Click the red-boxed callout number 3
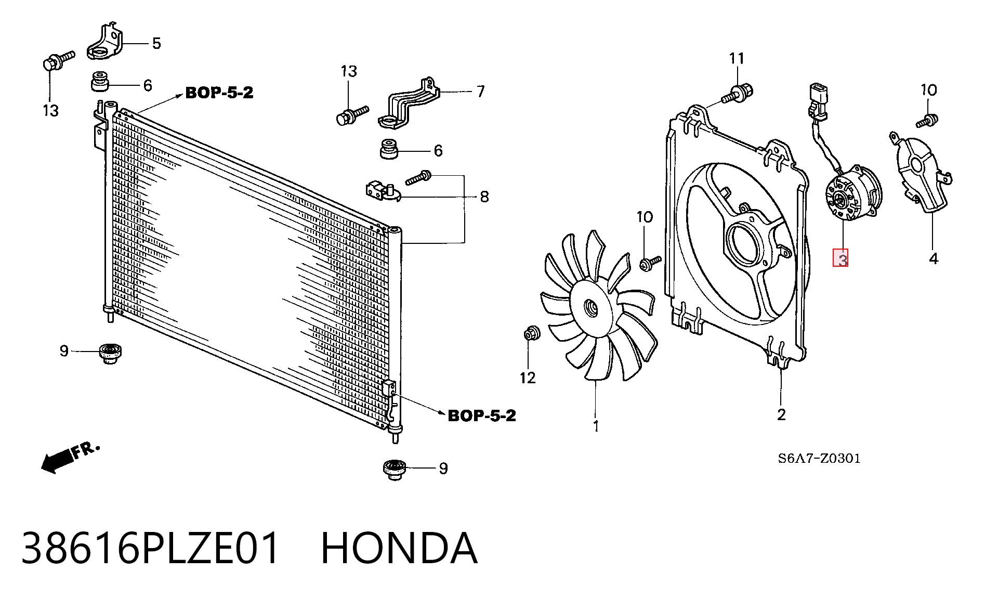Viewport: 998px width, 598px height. pyautogui.click(x=841, y=258)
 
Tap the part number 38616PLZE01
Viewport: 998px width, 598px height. pyautogui.click(x=151, y=548)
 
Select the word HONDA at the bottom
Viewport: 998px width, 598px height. pyautogui.click(x=399, y=548)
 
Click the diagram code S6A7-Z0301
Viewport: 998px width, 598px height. pyautogui.click(x=819, y=458)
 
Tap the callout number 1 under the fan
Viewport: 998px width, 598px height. pyautogui.click(x=596, y=426)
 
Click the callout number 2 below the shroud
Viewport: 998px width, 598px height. pyautogui.click(x=781, y=414)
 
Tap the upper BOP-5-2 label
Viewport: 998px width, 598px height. pyautogui.click(x=219, y=93)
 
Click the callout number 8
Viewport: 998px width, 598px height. pyautogui.click(x=484, y=197)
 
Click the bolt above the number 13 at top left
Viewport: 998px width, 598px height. pyautogui.click(x=57, y=61)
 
